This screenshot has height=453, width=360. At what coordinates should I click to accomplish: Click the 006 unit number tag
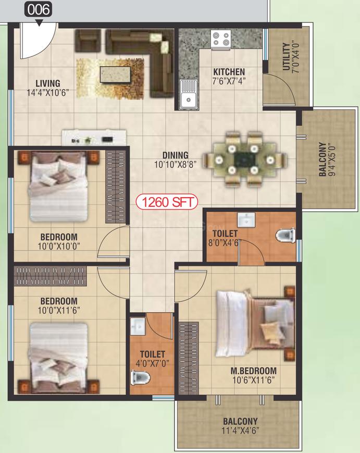pyautogui.click(x=39, y=9)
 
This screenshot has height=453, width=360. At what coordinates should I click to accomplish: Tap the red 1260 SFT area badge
pyautogui.click(x=167, y=202)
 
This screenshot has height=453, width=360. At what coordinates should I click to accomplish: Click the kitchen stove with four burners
pyautogui.click(x=221, y=39)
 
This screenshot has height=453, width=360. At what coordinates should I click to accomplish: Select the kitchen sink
pyautogui.click(x=188, y=95)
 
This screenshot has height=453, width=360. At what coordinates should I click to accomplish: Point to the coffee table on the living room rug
pyautogui.click(x=115, y=75)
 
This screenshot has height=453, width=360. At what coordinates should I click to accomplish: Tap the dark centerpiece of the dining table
pyautogui.click(x=244, y=159)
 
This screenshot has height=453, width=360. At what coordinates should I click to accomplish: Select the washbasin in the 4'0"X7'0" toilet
pyautogui.click(x=138, y=326)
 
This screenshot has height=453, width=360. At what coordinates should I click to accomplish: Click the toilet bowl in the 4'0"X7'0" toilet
pyautogui.click(x=140, y=378)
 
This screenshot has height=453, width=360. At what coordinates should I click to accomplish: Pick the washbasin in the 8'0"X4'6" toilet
pyautogui.click(x=246, y=220)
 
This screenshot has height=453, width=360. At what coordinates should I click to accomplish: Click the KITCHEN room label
pyautogui.click(x=229, y=71)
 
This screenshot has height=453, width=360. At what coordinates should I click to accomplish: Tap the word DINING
pyautogui.click(x=175, y=155)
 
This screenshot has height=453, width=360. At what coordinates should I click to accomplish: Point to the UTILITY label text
pyautogui.click(x=286, y=57)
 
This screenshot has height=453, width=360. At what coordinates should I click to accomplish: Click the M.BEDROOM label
pyautogui.click(x=254, y=371)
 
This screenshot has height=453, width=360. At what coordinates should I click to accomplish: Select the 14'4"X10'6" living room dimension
pyautogui.click(x=48, y=93)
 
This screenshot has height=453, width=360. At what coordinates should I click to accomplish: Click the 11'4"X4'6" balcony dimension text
pyautogui.click(x=240, y=431)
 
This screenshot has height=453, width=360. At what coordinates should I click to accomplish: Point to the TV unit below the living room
pyautogui.click(x=94, y=138)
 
